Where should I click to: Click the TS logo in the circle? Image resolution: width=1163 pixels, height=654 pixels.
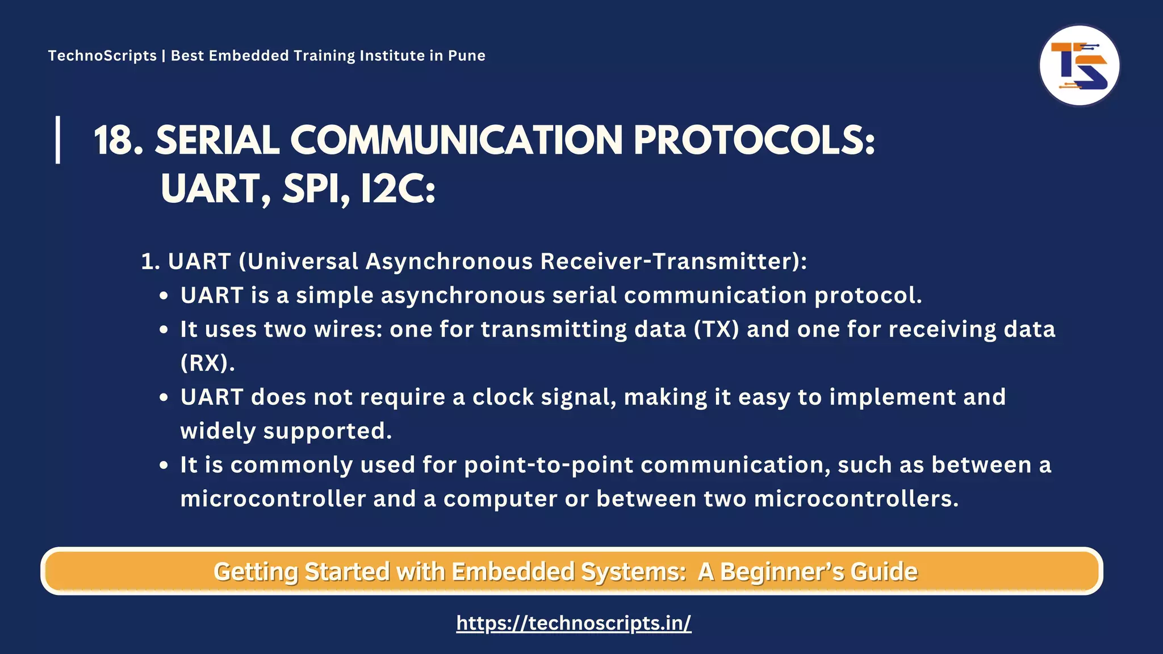[1079, 65]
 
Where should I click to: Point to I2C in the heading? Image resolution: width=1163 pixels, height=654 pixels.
[398, 189]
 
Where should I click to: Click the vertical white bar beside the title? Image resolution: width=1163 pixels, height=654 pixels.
[58, 140]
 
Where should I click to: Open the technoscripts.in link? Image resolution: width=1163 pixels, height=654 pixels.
[574, 623]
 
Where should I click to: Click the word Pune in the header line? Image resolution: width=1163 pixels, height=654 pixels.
[466, 56]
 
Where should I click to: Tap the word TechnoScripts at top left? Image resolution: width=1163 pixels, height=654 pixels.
[102, 56]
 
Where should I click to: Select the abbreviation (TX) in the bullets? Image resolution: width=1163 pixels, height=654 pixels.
[716, 329]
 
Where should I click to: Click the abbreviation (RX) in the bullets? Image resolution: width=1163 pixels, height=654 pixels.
[207, 363]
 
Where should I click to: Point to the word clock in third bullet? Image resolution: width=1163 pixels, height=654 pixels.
[503, 397]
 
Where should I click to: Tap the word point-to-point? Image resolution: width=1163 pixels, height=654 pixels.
[548, 466]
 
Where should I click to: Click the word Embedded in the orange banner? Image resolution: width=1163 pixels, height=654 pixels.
[513, 572]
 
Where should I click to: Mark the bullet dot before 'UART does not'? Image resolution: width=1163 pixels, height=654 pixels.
[164, 398]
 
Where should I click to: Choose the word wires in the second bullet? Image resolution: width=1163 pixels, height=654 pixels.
[348, 329]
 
